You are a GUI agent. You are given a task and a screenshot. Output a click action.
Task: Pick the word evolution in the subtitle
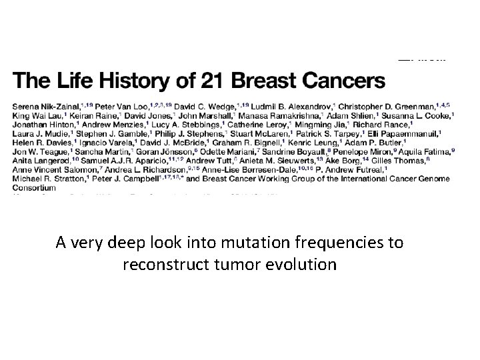point(304,264)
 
